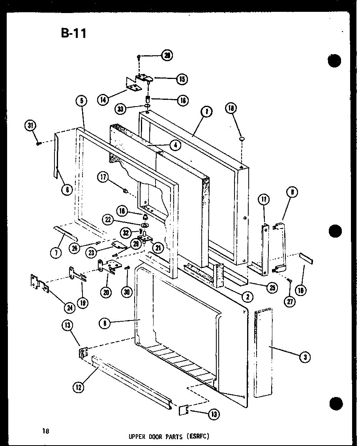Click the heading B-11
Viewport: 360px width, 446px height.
point(73,33)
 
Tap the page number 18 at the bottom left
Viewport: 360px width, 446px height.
point(47,431)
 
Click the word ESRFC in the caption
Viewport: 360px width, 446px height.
point(196,437)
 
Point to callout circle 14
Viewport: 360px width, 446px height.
point(103,100)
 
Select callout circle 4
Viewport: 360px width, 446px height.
point(175,145)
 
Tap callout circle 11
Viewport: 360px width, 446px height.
point(264,200)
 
